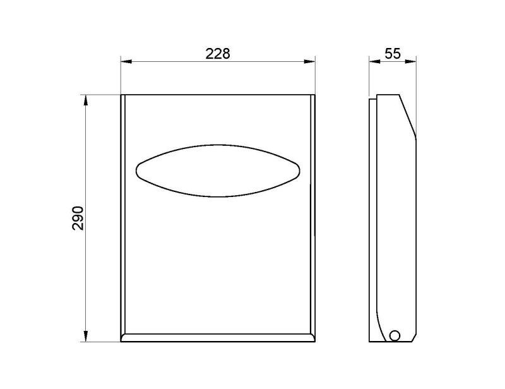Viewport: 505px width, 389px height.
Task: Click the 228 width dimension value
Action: coord(218,54)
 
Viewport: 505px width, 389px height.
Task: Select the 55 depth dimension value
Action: coord(393,54)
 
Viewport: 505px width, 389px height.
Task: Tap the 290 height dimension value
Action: coord(78,218)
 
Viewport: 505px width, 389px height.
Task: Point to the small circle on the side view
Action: coord(394,335)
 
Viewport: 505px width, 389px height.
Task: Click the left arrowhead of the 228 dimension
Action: coord(126,61)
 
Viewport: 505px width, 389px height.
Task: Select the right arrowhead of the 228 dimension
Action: coord(309,61)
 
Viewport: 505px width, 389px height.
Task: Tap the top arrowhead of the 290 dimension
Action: coord(85,100)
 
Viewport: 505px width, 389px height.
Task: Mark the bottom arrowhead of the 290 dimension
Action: coord(85,336)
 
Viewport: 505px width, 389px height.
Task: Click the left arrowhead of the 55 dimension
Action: coord(374,61)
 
